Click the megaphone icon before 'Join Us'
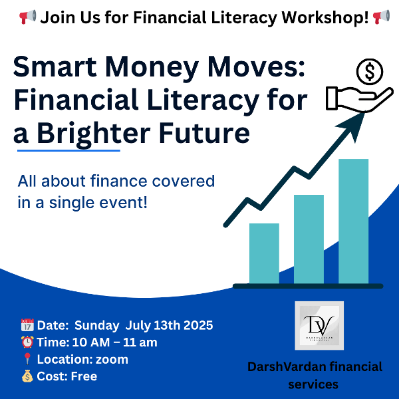click(x=27, y=17)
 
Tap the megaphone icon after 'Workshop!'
click(x=381, y=17)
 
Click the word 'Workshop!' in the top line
click(x=325, y=17)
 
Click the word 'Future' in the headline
click(x=205, y=133)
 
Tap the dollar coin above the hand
click(x=370, y=72)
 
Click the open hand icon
click(x=359, y=100)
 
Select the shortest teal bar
click(x=264, y=253)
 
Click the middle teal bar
click(x=309, y=239)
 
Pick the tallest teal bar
click(x=354, y=221)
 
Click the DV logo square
click(x=319, y=326)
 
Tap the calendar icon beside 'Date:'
click(x=27, y=325)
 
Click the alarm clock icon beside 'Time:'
click(x=27, y=342)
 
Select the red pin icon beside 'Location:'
click(x=27, y=359)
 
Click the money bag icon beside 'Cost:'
click(x=27, y=376)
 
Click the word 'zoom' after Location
click(x=112, y=360)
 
